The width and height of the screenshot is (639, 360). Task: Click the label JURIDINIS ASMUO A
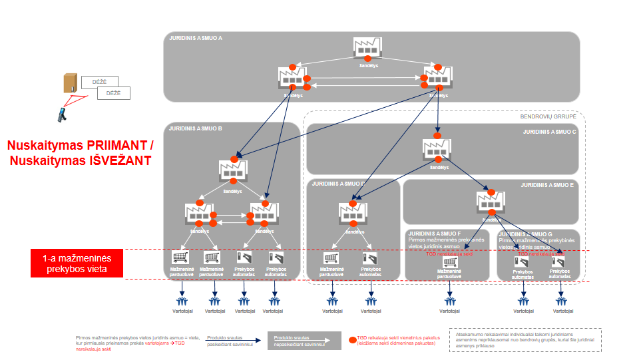point(196,38)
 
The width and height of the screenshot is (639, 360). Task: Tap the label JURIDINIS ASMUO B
point(196,128)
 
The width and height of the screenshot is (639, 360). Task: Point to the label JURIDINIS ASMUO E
point(547,185)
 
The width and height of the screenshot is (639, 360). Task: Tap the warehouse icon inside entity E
point(491,202)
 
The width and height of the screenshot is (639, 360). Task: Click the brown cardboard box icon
point(71,83)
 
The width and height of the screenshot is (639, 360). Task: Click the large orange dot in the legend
point(352,339)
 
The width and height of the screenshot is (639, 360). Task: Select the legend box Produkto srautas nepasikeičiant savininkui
point(300,341)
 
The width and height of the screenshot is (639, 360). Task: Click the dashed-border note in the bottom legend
point(525,339)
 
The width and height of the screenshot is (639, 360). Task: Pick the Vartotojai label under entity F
point(451,311)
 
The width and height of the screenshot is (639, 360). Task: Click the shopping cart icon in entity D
point(330,259)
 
